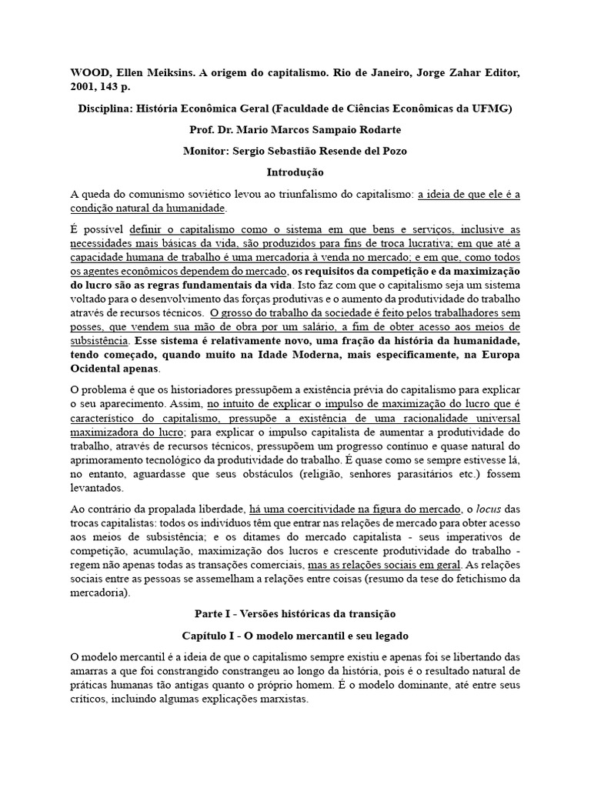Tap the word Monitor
point(206,152)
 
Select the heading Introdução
point(295,172)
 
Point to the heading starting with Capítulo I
point(295,636)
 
